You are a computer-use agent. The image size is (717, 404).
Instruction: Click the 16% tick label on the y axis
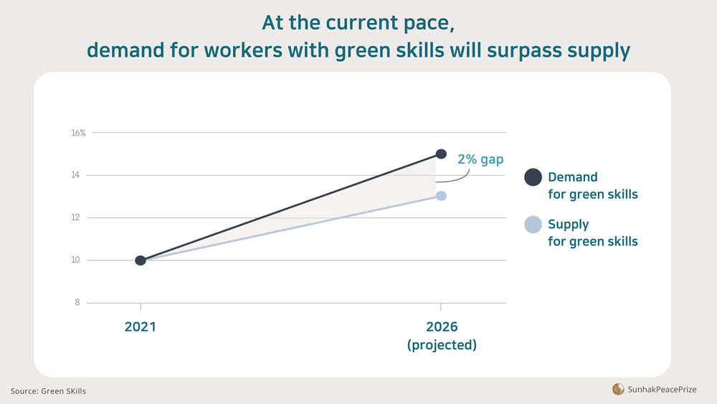(x=78, y=133)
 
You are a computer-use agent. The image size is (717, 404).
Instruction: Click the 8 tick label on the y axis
(x=77, y=303)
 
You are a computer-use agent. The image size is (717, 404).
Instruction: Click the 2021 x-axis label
(x=141, y=327)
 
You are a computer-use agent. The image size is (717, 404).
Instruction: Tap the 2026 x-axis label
(x=442, y=327)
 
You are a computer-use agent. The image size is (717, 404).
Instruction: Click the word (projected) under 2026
(x=442, y=345)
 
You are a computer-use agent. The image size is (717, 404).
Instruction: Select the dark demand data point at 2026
(x=441, y=154)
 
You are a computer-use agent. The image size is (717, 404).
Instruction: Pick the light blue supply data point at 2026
(x=441, y=196)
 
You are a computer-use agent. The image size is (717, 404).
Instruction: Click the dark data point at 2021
(x=141, y=260)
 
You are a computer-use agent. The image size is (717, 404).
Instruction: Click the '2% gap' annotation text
(x=480, y=159)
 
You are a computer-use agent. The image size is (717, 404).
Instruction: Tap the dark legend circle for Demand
(x=533, y=177)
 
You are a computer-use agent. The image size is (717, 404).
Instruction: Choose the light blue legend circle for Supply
(x=533, y=225)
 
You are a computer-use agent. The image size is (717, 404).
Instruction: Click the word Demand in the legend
(x=572, y=177)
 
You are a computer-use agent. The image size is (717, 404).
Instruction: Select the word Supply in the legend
(x=569, y=224)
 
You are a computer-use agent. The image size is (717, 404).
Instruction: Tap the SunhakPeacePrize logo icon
(x=618, y=389)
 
